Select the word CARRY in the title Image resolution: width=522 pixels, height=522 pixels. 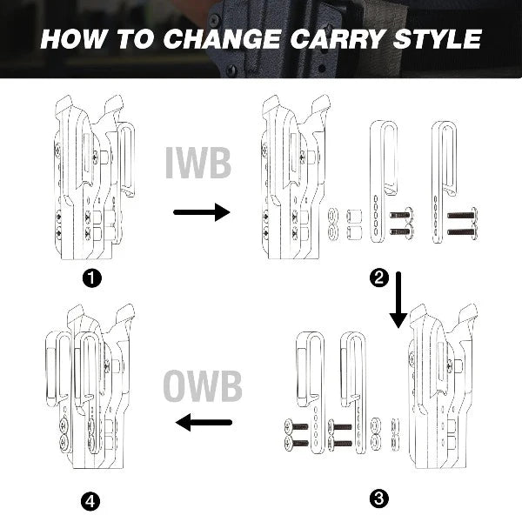pyautogui.click(x=338, y=39)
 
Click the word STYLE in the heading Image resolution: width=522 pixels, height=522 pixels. pyautogui.click(x=438, y=39)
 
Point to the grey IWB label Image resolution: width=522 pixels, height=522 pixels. pyautogui.click(x=198, y=163)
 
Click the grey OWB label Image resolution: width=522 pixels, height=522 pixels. pyautogui.click(x=203, y=386)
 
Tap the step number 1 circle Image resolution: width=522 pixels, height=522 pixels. pyautogui.click(x=92, y=278)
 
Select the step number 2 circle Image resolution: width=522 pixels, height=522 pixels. pyautogui.click(x=379, y=278)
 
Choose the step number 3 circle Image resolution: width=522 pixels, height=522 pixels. pyautogui.click(x=379, y=499)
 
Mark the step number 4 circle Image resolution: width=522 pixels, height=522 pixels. pyautogui.click(x=90, y=501)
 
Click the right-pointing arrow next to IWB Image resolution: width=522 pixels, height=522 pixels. pyautogui.click(x=202, y=212)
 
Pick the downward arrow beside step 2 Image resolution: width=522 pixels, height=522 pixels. pyautogui.click(x=398, y=299)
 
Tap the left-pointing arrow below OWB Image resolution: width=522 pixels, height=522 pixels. pyautogui.click(x=204, y=423)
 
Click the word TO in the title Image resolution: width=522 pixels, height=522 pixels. pyautogui.click(x=134, y=39)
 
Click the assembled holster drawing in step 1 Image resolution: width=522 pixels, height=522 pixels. pyautogui.click(x=94, y=177)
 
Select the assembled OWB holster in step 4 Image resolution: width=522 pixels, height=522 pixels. pyautogui.click(x=90, y=386)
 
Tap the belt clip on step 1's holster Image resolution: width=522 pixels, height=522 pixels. pyautogui.click(x=127, y=160)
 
